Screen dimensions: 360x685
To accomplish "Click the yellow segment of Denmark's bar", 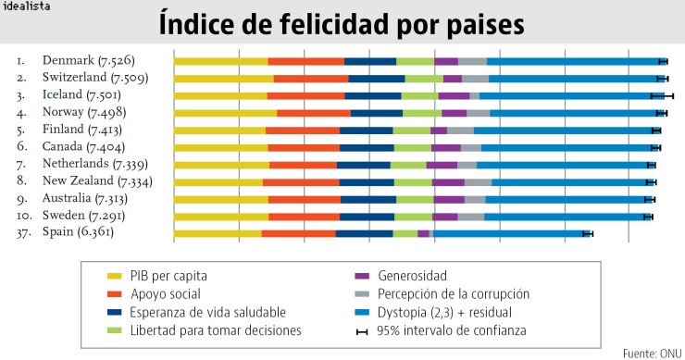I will [x=220, y=61].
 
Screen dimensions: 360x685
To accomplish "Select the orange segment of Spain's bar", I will [x=298, y=233].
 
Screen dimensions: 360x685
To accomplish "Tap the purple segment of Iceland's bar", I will [x=454, y=95].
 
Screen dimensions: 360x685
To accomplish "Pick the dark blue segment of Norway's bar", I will [x=377, y=113].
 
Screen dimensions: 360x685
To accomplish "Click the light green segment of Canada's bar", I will [x=412, y=147].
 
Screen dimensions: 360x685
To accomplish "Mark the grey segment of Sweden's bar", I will [x=471, y=216].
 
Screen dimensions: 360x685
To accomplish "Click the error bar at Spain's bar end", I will [x=587, y=233].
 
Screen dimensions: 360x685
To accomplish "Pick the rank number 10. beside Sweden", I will [x=23, y=216].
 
